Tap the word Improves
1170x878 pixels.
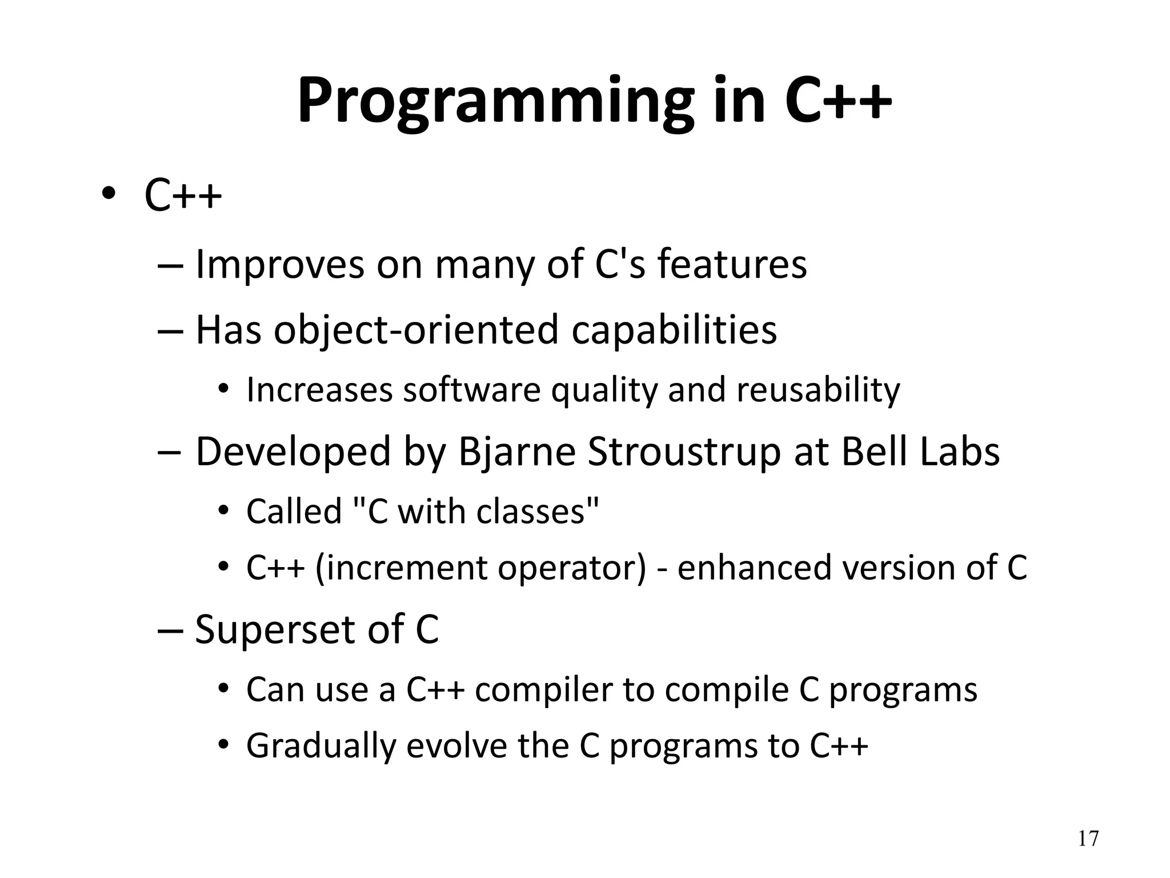[279, 265]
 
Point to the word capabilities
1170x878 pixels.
[674, 330]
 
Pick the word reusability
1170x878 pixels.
[818, 390]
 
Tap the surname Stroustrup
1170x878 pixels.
[684, 452]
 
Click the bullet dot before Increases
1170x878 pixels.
[223, 390]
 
